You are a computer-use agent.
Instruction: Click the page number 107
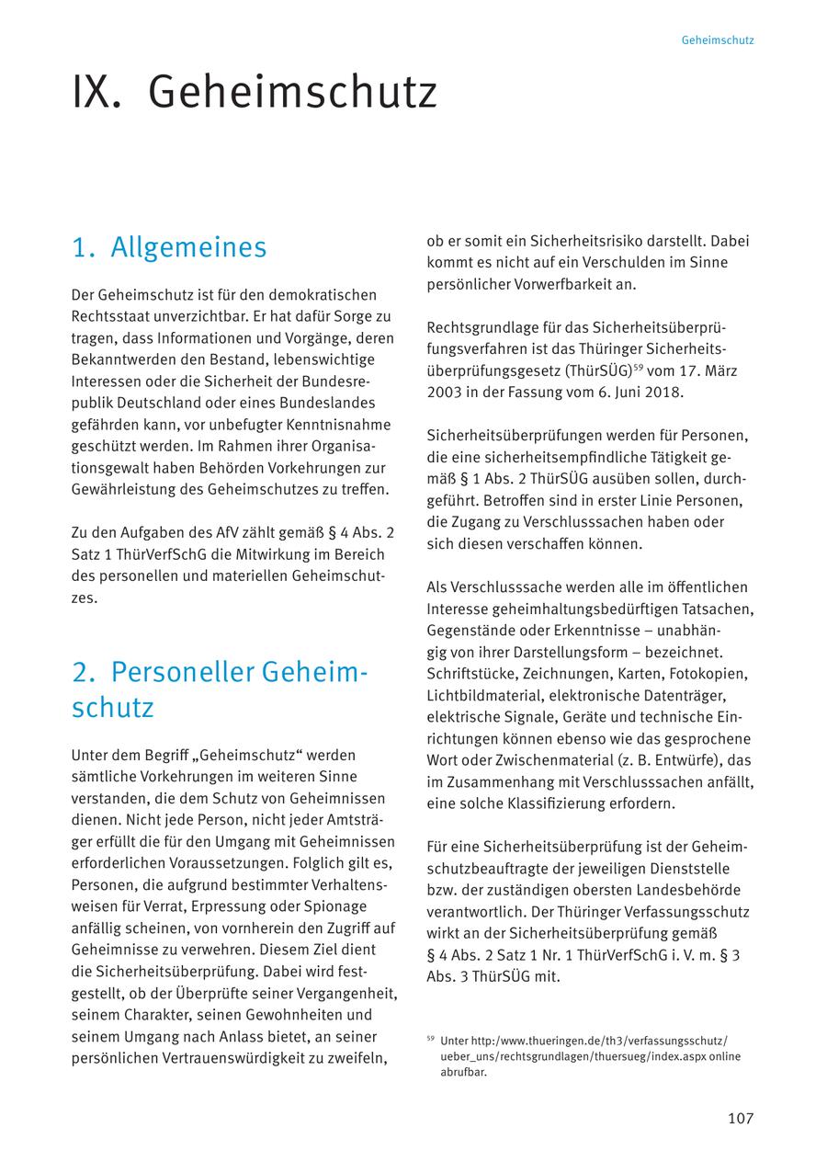(740, 1118)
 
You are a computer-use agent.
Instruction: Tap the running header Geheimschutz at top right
(718, 40)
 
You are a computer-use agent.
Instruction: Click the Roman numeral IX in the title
(96, 93)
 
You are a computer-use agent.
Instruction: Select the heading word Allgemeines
(188, 247)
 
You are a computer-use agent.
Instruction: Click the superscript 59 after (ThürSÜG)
(636, 367)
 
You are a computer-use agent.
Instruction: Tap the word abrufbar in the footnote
(463, 1072)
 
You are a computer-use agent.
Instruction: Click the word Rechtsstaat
(113, 316)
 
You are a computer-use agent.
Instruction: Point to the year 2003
(445, 393)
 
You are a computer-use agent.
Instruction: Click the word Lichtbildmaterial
(483, 695)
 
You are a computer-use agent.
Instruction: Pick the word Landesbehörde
(688, 890)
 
